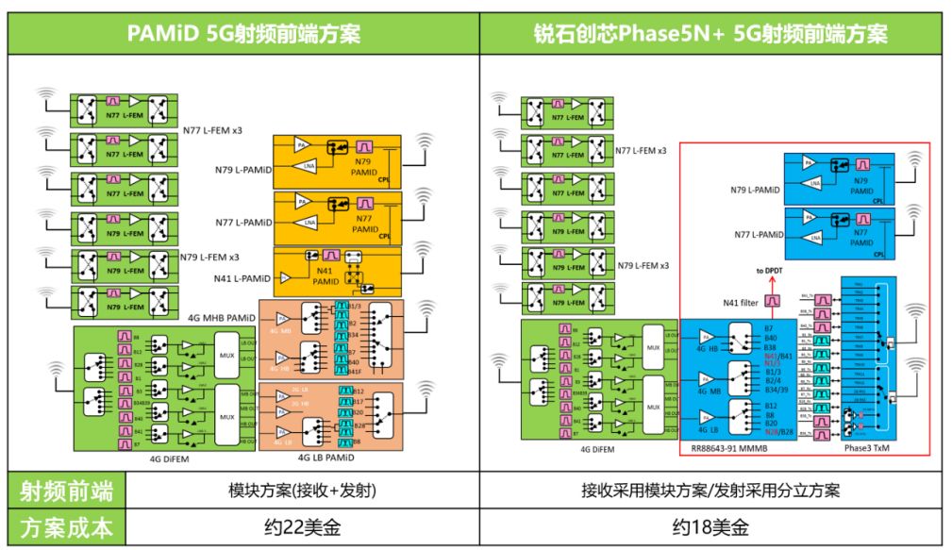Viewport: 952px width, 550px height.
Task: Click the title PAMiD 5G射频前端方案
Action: point(243,34)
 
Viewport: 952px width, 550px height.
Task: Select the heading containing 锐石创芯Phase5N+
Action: point(710,34)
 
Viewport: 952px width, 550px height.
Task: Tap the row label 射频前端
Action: point(67,491)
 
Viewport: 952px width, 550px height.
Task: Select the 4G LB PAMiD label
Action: point(326,458)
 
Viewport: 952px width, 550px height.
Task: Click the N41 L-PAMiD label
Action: point(242,279)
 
